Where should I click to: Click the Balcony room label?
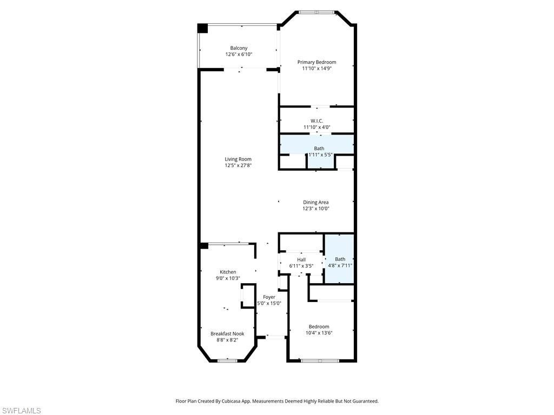(239, 48)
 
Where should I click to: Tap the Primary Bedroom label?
(316, 62)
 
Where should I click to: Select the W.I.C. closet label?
(316, 121)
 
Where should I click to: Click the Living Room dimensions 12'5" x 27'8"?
(239, 165)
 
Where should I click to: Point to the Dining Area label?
(316, 202)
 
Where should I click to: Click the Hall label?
(301, 260)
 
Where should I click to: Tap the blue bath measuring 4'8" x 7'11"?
(340, 262)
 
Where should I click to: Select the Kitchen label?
(228, 272)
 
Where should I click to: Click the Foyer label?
(269, 297)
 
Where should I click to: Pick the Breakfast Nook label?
(227, 333)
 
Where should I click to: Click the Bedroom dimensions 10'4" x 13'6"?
(319, 333)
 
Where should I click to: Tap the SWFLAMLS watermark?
(21, 411)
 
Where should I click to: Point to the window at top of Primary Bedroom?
(316, 11)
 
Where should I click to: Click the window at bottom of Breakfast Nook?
(227, 360)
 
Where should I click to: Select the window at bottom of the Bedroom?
(319, 360)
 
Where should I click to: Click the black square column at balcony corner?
(202, 28)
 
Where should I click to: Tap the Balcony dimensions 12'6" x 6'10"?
(239, 55)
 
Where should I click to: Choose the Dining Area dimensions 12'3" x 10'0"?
(316, 209)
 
